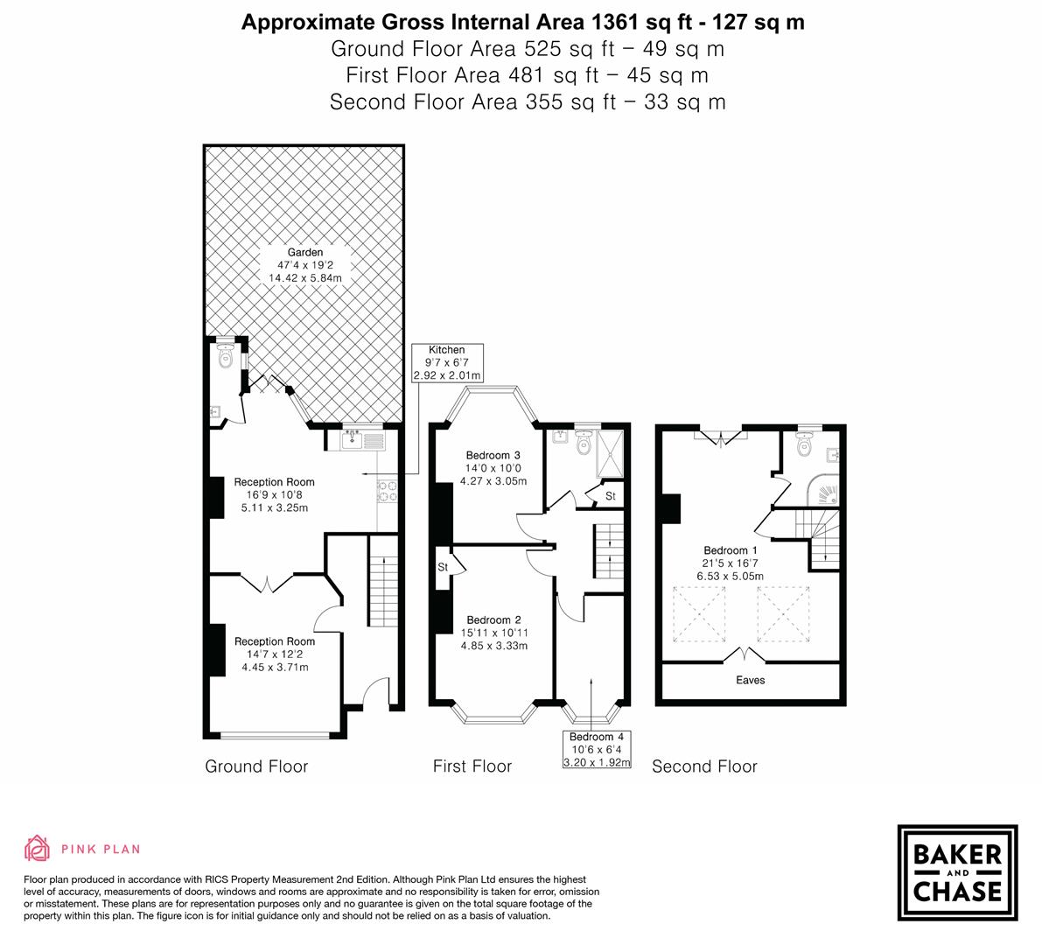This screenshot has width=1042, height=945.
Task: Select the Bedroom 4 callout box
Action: point(595,749)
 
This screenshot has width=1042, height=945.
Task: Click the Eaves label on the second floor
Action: point(750,680)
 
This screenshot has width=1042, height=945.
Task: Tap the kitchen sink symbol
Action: point(362,439)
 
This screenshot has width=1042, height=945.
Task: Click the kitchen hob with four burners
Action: point(387,493)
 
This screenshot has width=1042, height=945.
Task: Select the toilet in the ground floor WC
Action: point(225,356)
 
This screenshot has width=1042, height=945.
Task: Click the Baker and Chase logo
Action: point(957,872)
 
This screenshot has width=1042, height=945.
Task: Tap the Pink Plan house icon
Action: point(38,848)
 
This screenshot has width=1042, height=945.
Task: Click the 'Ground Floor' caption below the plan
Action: point(256,766)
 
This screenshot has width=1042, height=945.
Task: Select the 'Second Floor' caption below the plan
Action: point(704,766)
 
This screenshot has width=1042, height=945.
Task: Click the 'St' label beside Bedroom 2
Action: point(443,567)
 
